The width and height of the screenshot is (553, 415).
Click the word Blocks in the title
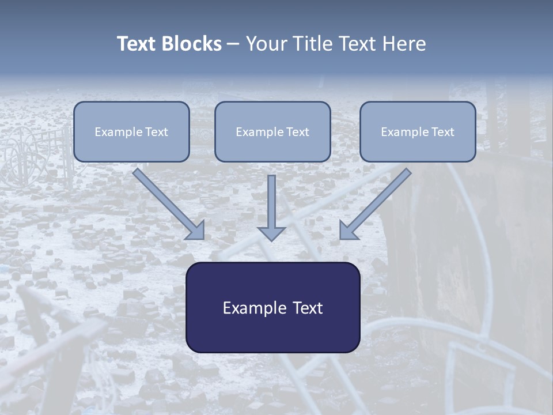click(191, 43)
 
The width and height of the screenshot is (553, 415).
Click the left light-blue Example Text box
click(131, 131)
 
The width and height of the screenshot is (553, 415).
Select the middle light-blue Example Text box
click(272, 131)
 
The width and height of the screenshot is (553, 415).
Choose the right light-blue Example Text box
click(418, 131)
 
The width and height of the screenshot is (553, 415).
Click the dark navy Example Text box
click(273, 307)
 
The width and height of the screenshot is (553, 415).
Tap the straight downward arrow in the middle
click(271, 208)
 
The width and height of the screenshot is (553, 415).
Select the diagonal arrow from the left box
click(169, 204)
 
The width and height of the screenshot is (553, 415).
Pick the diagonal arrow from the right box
click(375, 204)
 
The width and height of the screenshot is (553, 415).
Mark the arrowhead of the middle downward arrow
click(271, 233)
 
